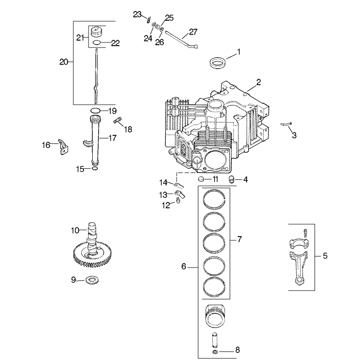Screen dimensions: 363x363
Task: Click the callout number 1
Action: coord(238,53)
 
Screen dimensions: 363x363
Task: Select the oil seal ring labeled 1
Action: coord(218,62)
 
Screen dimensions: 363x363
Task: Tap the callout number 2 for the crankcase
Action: coord(259,83)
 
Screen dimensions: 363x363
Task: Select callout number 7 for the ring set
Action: coord(239,239)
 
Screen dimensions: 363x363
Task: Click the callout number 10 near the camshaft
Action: coord(75,229)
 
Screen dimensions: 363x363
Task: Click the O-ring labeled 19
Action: coord(95,110)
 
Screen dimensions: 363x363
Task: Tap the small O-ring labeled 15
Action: coord(95,169)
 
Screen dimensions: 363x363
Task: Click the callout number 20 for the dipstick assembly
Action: coord(64,61)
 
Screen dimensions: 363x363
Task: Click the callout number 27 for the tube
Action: coord(192,33)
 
